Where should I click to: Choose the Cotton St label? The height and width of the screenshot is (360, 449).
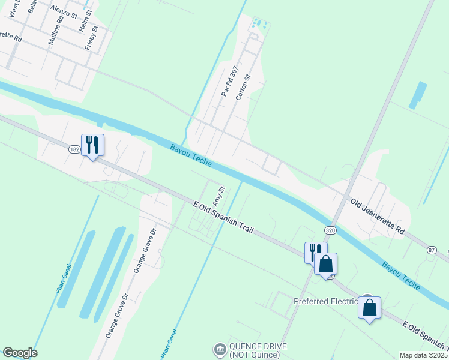(243, 88)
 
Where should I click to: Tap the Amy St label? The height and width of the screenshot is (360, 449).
(218, 197)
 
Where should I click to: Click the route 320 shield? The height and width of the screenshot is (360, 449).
(330, 230)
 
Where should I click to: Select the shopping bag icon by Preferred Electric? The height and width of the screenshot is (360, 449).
(369, 308)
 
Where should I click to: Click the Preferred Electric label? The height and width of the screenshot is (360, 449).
(325, 301)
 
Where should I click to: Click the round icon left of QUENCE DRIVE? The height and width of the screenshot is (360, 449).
(220, 349)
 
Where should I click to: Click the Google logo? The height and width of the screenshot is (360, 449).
(20, 353)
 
